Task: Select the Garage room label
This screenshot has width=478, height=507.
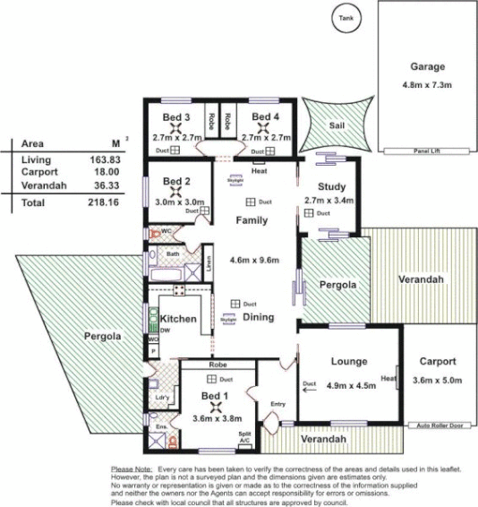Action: point(427,67)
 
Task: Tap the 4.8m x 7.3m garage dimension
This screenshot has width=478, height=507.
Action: point(427,86)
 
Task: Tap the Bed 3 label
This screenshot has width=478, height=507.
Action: point(175,118)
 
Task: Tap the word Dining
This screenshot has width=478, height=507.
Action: point(257,317)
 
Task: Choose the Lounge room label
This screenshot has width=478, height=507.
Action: point(348,363)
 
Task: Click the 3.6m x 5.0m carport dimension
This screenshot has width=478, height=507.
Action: point(436,380)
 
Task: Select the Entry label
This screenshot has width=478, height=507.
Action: point(277,403)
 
